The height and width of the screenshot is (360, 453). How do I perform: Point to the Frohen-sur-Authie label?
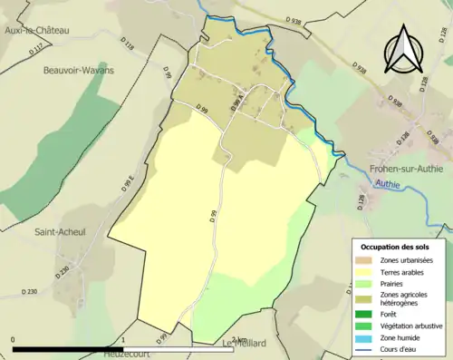pyautogui.click(x=405, y=168)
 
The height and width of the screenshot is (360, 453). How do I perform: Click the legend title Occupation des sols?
pyautogui.click(x=396, y=247)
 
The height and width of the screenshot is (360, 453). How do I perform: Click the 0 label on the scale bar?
pyautogui.click(x=14, y=339)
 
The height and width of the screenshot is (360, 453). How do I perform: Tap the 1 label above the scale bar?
pyautogui.click(x=122, y=339)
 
